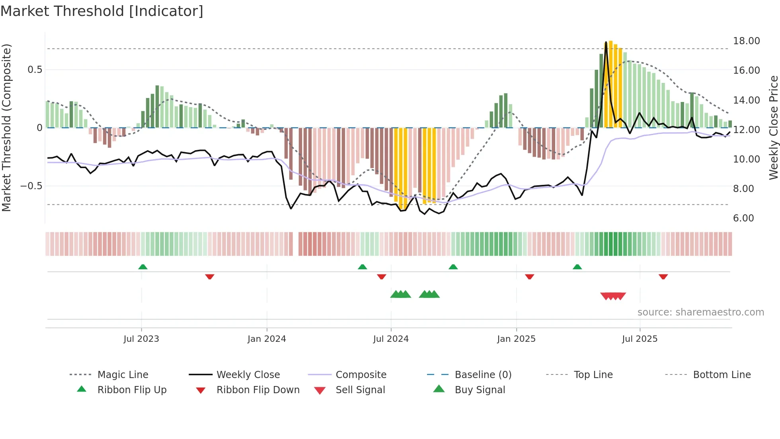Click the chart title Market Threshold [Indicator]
[x=102, y=11]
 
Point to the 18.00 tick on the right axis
[x=746, y=41]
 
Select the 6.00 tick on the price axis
[x=743, y=218]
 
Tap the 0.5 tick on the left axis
[x=35, y=70]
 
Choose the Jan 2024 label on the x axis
[x=267, y=339]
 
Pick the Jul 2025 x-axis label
[x=640, y=339]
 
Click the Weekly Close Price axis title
[x=773, y=127]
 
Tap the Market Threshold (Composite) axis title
[x=6, y=127]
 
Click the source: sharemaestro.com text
[x=700, y=312]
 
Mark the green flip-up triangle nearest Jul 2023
[x=143, y=267]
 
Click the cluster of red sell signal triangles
[x=613, y=296]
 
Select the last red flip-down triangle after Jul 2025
[x=663, y=276]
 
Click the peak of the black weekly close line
[x=606, y=42]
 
